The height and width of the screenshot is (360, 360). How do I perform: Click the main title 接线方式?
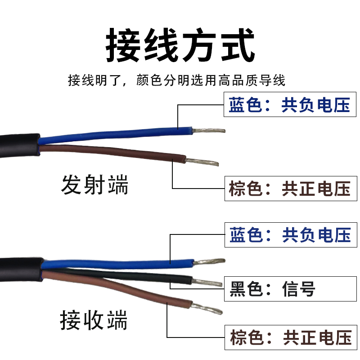[x=180, y=46]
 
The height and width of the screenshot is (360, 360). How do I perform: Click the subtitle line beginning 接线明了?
[x=176, y=81]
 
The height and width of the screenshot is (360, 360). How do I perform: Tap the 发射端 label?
[x=94, y=185]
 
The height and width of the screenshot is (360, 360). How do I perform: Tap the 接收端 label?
[x=94, y=320]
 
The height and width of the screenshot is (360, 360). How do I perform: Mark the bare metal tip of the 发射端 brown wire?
[x=202, y=161]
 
